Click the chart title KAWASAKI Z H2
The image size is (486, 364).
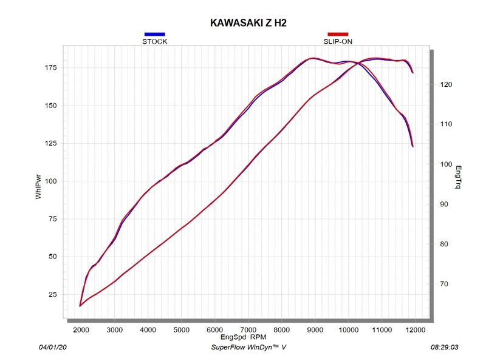(x=248, y=22)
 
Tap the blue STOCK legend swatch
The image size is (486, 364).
(x=154, y=34)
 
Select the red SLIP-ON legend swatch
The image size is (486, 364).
(x=338, y=34)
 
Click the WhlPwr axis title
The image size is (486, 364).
(x=39, y=187)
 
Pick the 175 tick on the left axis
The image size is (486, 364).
(x=50, y=67)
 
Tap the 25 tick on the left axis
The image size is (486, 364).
(x=52, y=294)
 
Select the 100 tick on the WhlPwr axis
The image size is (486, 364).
(x=50, y=181)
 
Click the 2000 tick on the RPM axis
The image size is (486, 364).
(x=81, y=329)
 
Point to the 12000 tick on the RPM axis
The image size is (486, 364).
(x=414, y=329)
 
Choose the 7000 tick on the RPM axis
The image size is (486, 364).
(x=248, y=329)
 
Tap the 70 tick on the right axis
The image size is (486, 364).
(x=444, y=284)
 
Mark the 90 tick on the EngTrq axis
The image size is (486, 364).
(x=444, y=204)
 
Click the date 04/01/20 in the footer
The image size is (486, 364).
(x=52, y=348)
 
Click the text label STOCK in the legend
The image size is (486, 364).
(x=154, y=42)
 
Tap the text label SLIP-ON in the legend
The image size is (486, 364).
(x=338, y=42)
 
